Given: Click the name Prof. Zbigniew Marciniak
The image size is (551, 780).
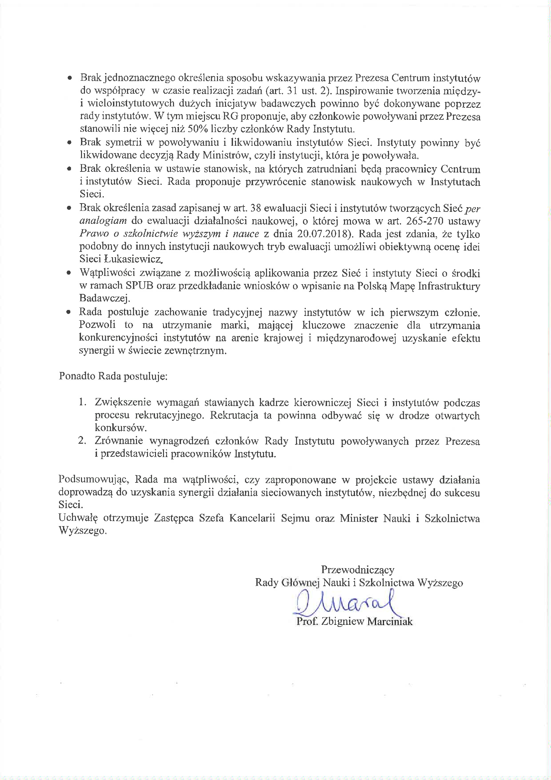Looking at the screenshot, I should click(x=354, y=622).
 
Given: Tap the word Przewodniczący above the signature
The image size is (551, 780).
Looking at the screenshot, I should click(x=357, y=569).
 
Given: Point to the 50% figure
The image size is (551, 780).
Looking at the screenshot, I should click(x=198, y=129).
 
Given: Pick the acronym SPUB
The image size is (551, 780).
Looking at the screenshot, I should click(x=140, y=286).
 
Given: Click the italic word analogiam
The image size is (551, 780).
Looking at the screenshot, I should click(x=103, y=221).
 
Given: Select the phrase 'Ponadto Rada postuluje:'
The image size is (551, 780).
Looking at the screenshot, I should click(x=113, y=376).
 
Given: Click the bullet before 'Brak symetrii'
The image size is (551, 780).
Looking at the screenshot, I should click(x=69, y=143).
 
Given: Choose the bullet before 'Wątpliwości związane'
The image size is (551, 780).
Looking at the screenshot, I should click(x=69, y=273).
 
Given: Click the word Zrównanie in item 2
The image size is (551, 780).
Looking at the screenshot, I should click(x=119, y=441).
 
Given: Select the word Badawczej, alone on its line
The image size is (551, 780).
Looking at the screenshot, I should click(x=105, y=298).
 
